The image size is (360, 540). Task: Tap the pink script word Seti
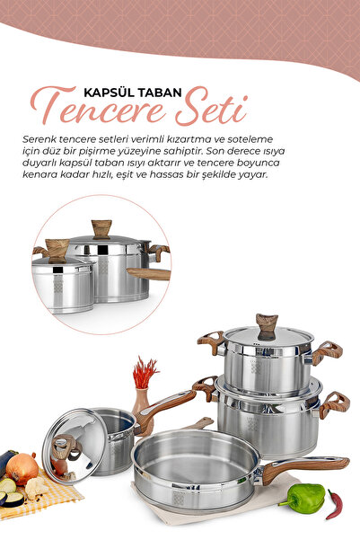point(211,107)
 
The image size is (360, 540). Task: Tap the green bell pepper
point(304,498)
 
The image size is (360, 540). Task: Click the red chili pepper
point(335,504)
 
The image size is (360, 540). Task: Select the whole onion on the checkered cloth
point(22,468)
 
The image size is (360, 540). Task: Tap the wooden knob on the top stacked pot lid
point(267,327)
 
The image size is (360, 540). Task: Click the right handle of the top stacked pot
point(327,352)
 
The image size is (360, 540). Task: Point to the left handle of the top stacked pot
point(211,341)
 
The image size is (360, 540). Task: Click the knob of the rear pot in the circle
point(101,229)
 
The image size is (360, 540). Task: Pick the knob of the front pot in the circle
point(57,251)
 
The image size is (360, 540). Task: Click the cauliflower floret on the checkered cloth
point(36,487)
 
